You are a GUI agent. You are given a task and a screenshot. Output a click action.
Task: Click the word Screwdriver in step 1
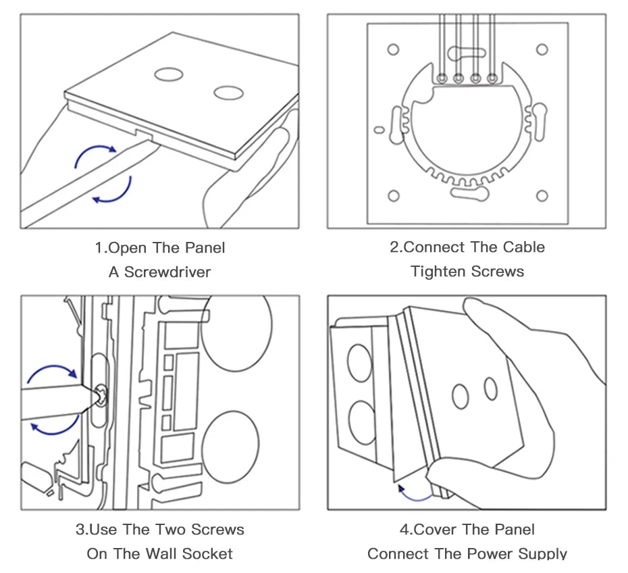pyautogui.click(x=167, y=272)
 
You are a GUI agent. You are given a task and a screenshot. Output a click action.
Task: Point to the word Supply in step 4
pyautogui.click(x=539, y=554)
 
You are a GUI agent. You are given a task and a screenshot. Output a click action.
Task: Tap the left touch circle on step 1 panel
pyautogui.click(x=165, y=74)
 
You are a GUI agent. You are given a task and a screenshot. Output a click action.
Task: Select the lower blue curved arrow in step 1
pyautogui.click(x=115, y=191)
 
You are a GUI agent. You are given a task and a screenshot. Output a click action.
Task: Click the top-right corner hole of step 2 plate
pyautogui.click(x=542, y=49)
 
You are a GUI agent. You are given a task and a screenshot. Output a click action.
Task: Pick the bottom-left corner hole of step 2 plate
pyautogui.click(x=394, y=196)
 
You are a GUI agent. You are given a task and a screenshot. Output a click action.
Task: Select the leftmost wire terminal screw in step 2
pyautogui.click(x=443, y=78)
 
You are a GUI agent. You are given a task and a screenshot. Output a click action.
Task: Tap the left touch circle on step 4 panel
pyautogui.click(x=461, y=396)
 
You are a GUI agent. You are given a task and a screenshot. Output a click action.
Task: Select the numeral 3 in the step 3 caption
pyautogui.click(x=81, y=530)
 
